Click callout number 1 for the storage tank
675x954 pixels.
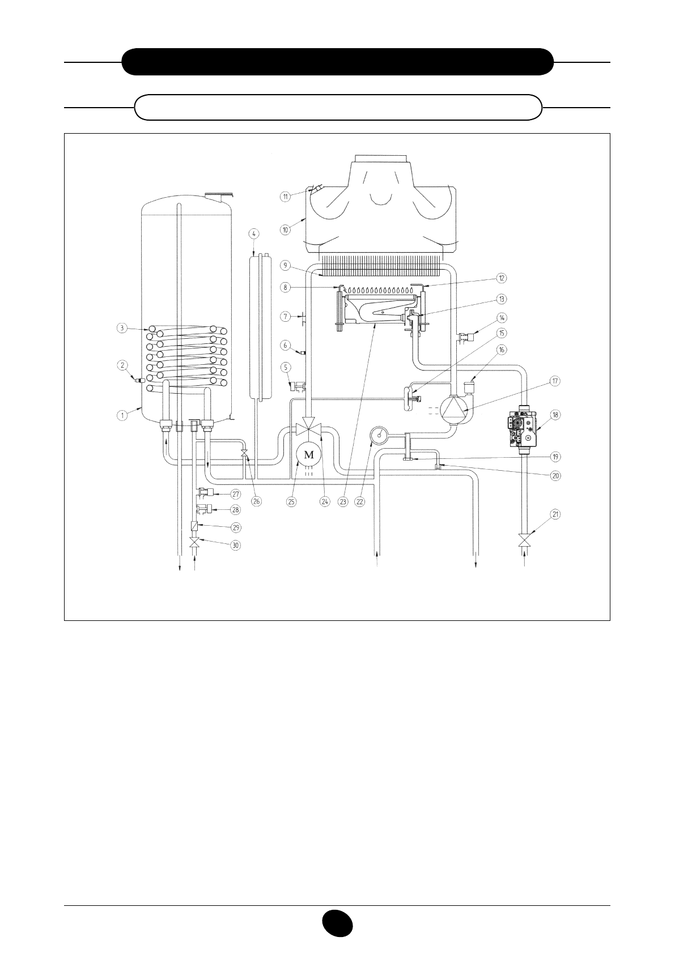click(x=122, y=415)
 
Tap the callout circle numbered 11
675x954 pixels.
click(x=286, y=196)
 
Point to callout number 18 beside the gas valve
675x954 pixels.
click(x=555, y=415)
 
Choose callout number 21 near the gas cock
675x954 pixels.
click(x=555, y=514)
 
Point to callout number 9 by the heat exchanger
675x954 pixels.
click(x=286, y=265)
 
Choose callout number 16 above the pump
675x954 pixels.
click(x=501, y=351)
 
